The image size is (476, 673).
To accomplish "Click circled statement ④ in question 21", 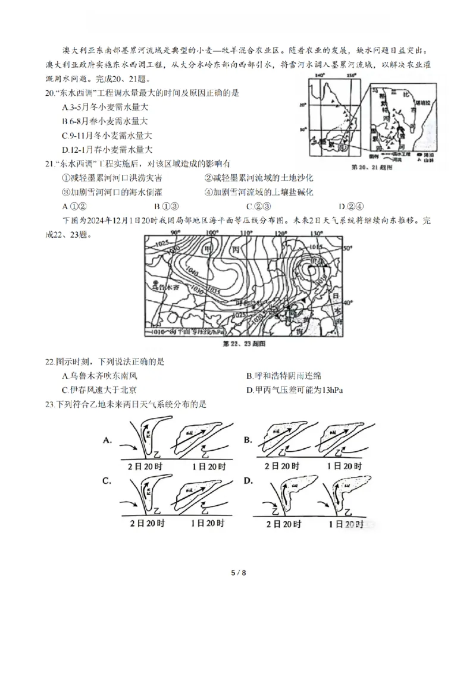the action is pos(209,192).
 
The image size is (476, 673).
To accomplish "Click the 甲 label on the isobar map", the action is pos(208,248).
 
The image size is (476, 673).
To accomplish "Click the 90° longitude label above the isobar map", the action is pos(176,234).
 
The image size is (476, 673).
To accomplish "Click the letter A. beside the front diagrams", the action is pos(108,441).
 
